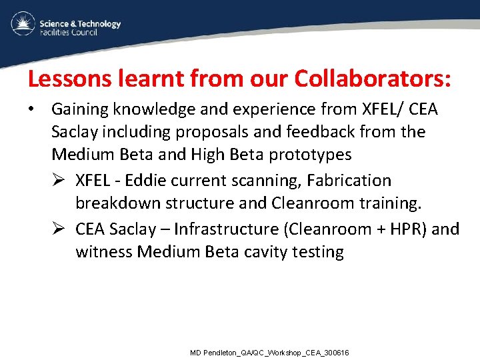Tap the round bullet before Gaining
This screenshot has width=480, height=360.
pos(32,109)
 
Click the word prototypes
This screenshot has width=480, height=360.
pos(309,155)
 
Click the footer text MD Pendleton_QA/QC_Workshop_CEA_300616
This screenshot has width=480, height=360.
pos(269,352)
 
